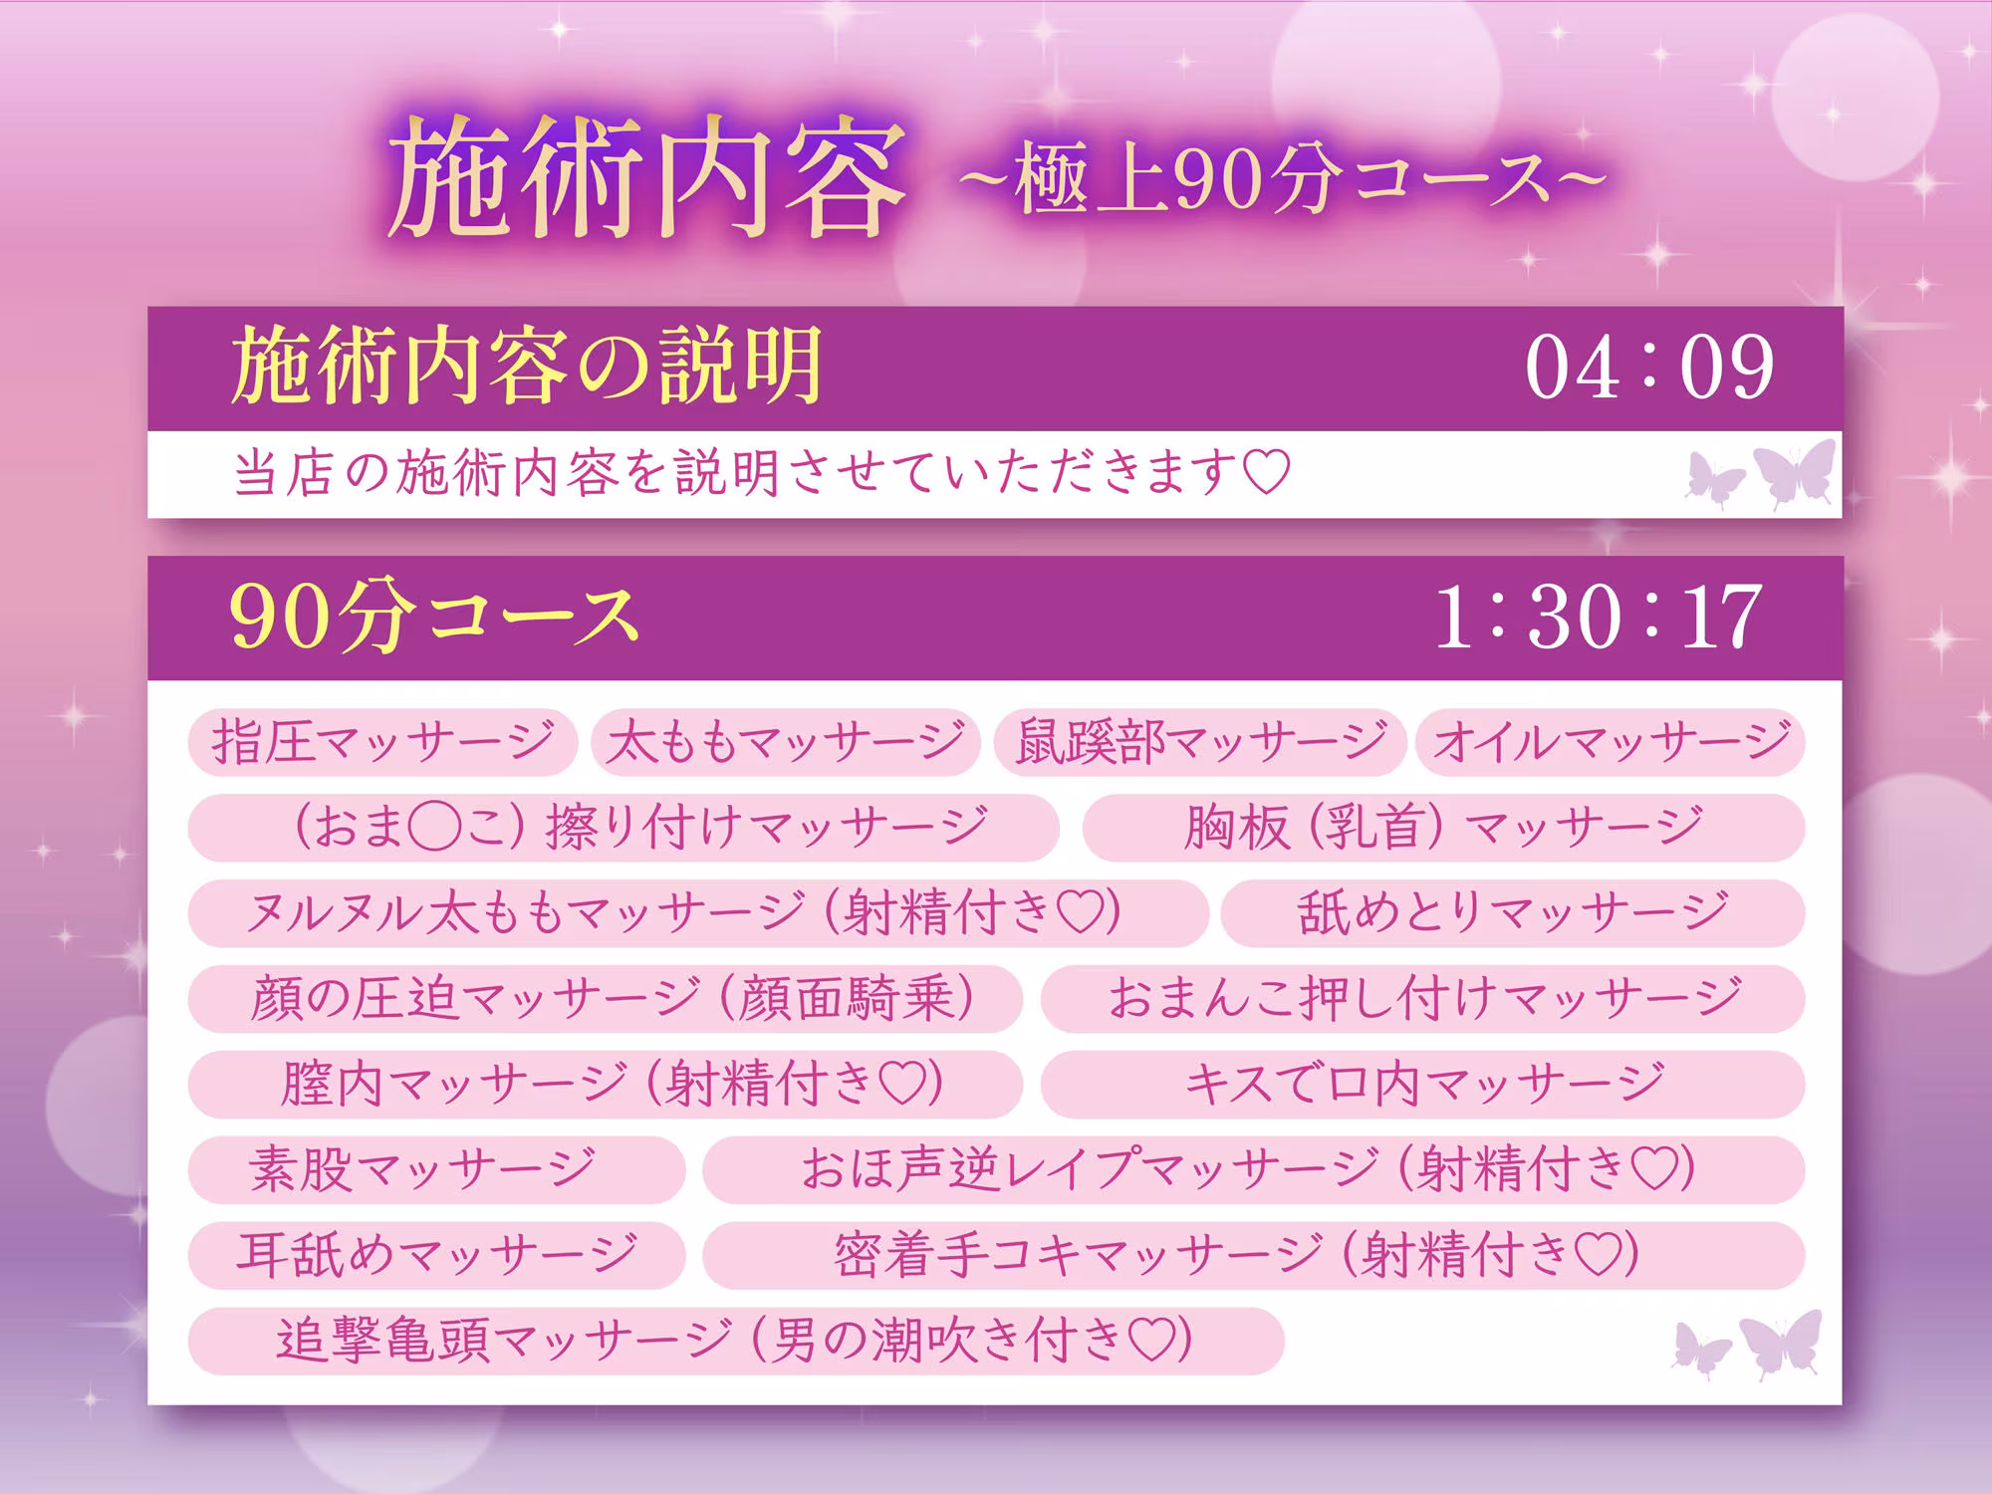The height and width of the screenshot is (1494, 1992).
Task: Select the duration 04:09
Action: pos(1648,369)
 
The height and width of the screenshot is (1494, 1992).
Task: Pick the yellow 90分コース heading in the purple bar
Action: pos(433,618)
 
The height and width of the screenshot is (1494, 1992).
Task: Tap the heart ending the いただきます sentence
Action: pos(1267,473)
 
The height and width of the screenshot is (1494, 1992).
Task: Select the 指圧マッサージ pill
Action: pos(382,742)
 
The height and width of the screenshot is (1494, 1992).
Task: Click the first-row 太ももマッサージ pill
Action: pos(786,742)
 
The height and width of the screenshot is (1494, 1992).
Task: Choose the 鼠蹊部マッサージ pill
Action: pos(1199,742)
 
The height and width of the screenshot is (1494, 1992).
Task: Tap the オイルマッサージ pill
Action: pos(1610,742)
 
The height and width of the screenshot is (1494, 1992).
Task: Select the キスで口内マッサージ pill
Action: pos(1422,1084)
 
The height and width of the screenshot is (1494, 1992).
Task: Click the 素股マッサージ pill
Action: pos(436,1169)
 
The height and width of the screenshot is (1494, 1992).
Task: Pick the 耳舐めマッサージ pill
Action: pos(436,1255)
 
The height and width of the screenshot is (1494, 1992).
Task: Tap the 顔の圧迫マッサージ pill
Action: pos(605,999)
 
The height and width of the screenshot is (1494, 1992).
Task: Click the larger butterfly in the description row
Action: pos(1793,473)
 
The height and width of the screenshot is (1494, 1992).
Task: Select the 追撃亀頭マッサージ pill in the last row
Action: pos(735,1341)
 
